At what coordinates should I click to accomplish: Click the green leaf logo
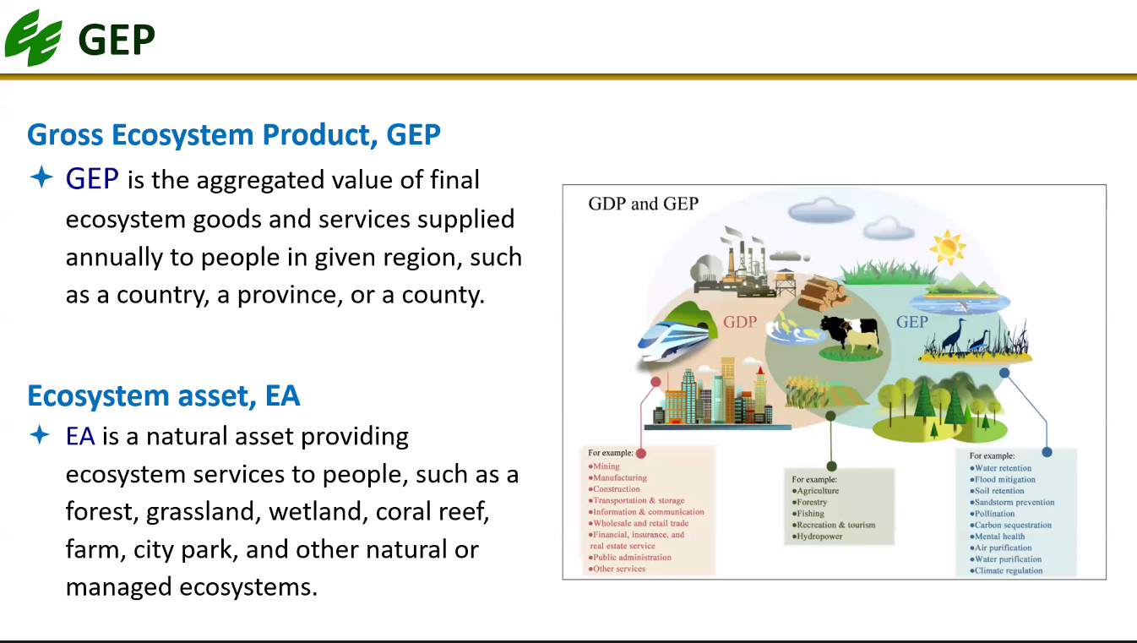[34, 38]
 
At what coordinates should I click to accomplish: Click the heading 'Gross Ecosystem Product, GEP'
[234, 135]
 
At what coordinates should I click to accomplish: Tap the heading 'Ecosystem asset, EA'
[163, 396]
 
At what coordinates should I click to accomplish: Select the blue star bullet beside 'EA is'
[40, 435]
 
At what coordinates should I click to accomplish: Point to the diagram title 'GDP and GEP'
[643, 204]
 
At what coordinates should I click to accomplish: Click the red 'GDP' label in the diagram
[740, 322]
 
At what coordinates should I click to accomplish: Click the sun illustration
[947, 247]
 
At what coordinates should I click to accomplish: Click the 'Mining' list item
[604, 466]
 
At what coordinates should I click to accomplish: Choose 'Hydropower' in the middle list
[817, 537]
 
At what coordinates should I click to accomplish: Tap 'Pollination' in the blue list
[993, 514]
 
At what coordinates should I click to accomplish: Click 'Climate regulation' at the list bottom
[1006, 570]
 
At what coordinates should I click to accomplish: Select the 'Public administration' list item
[630, 557]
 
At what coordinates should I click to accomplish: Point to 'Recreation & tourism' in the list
[834, 525]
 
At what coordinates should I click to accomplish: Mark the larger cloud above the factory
[821, 210]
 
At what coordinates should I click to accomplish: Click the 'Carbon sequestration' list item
[1010, 526]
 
